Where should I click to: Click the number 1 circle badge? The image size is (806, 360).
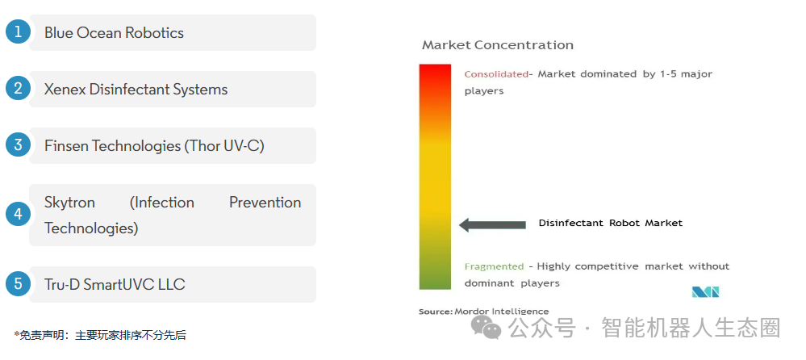click(x=19, y=32)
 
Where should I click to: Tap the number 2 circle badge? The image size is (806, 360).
click(x=19, y=89)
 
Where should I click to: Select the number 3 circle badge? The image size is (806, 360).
click(x=19, y=145)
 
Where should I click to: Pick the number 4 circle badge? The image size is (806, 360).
click(x=19, y=214)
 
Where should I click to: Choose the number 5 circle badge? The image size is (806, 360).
click(x=19, y=284)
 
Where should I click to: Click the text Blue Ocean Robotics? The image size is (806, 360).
click(x=114, y=33)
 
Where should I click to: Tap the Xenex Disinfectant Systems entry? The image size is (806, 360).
click(x=136, y=90)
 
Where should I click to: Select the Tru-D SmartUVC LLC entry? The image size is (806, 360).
click(x=115, y=284)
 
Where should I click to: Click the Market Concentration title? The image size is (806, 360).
click(x=498, y=45)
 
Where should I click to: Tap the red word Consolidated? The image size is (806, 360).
click(x=496, y=74)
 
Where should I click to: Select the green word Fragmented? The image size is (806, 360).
click(x=494, y=266)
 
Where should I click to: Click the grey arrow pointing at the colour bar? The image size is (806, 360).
click(x=492, y=224)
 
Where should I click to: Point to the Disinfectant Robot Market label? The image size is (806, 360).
click(x=611, y=224)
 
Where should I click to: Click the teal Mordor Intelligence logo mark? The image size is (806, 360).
click(x=705, y=292)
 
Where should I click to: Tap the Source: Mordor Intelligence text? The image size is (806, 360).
click(x=484, y=312)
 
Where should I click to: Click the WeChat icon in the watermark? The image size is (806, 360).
click(x=487, y=328)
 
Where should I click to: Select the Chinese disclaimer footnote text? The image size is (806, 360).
click(x=100, y=336)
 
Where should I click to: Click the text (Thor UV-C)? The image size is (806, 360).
click(x=224, y=147)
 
